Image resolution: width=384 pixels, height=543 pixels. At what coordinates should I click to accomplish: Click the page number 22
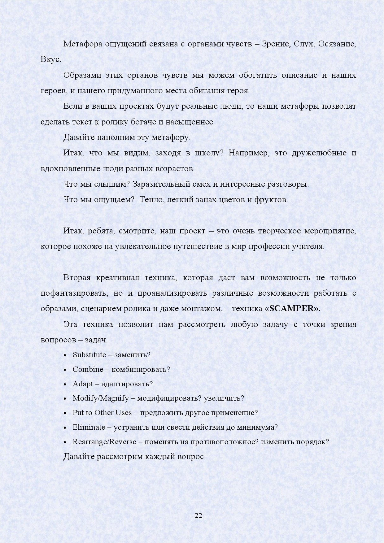point(199,515)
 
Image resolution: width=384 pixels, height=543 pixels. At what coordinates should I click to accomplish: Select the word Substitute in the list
point(89,355)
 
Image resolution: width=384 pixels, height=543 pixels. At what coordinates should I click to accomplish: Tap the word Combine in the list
point(88,369)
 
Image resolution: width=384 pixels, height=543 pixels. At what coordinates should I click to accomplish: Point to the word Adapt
point(83,384)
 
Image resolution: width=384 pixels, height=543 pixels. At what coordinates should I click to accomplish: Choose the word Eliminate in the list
point(89,427)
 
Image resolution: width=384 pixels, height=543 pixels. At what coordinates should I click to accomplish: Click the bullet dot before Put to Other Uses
point(65,413)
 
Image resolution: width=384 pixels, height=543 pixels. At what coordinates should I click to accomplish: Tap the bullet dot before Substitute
point(65,355)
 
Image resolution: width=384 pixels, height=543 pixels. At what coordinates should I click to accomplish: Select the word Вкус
point(50,60)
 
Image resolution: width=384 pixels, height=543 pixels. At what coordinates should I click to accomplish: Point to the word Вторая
point(77,278)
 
